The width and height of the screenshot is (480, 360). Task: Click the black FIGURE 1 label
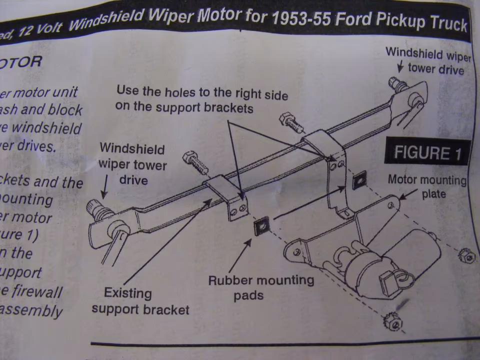pyautogui.click(x=427, y=152)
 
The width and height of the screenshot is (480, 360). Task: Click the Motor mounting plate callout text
pyautogui.click(x=427, y=186)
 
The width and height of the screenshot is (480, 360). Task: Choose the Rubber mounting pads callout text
pyautogui.click(x=261, y=287)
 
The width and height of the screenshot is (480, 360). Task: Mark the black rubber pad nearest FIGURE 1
pyautogui.click(x=358, y=182)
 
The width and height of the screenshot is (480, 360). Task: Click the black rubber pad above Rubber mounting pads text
pyautogui.click(x=261, y=226)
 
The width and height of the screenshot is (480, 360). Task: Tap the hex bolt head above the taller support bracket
pyautogui.click(x=289, y=120)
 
